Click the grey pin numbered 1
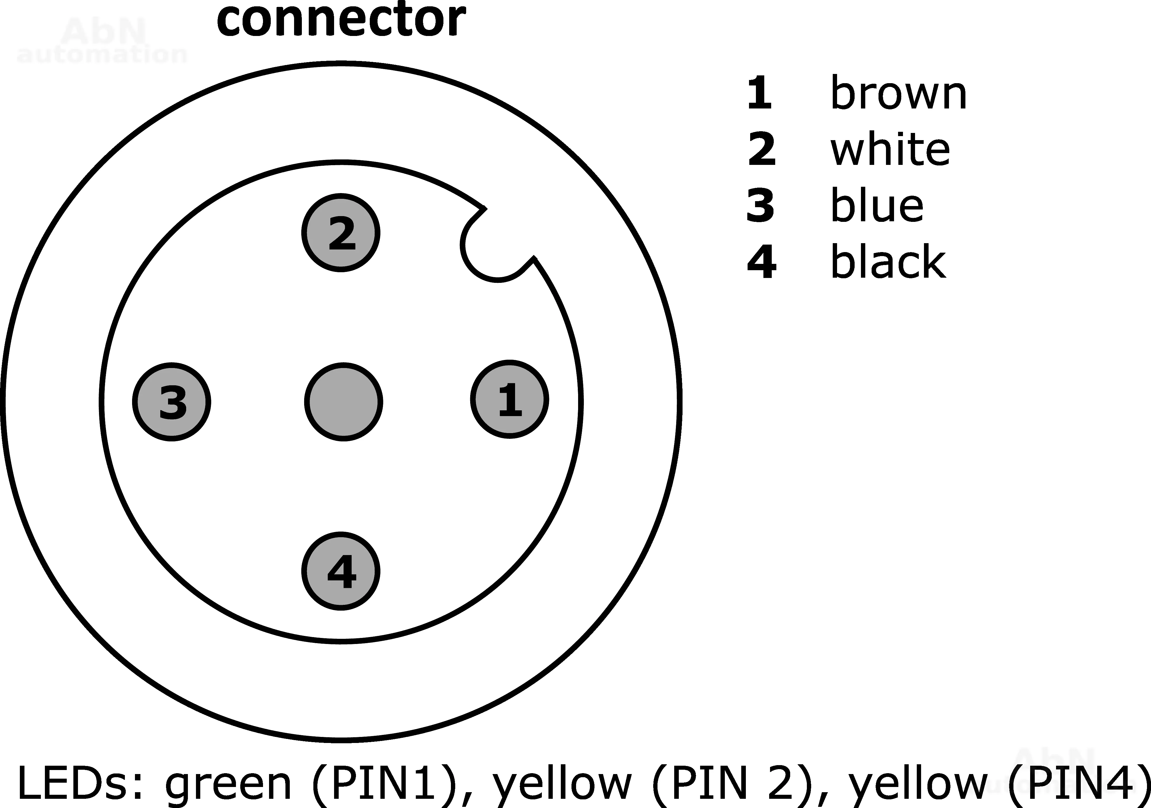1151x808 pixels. point(509,399)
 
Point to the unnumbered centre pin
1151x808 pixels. point(343,402)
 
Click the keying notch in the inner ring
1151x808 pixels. point(494,248)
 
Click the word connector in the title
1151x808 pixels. point(341,20)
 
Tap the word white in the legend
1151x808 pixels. point(890,149)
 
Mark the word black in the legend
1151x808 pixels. point(888,262)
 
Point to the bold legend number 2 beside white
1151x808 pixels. point(761,149)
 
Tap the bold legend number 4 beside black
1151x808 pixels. point(761,262)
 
